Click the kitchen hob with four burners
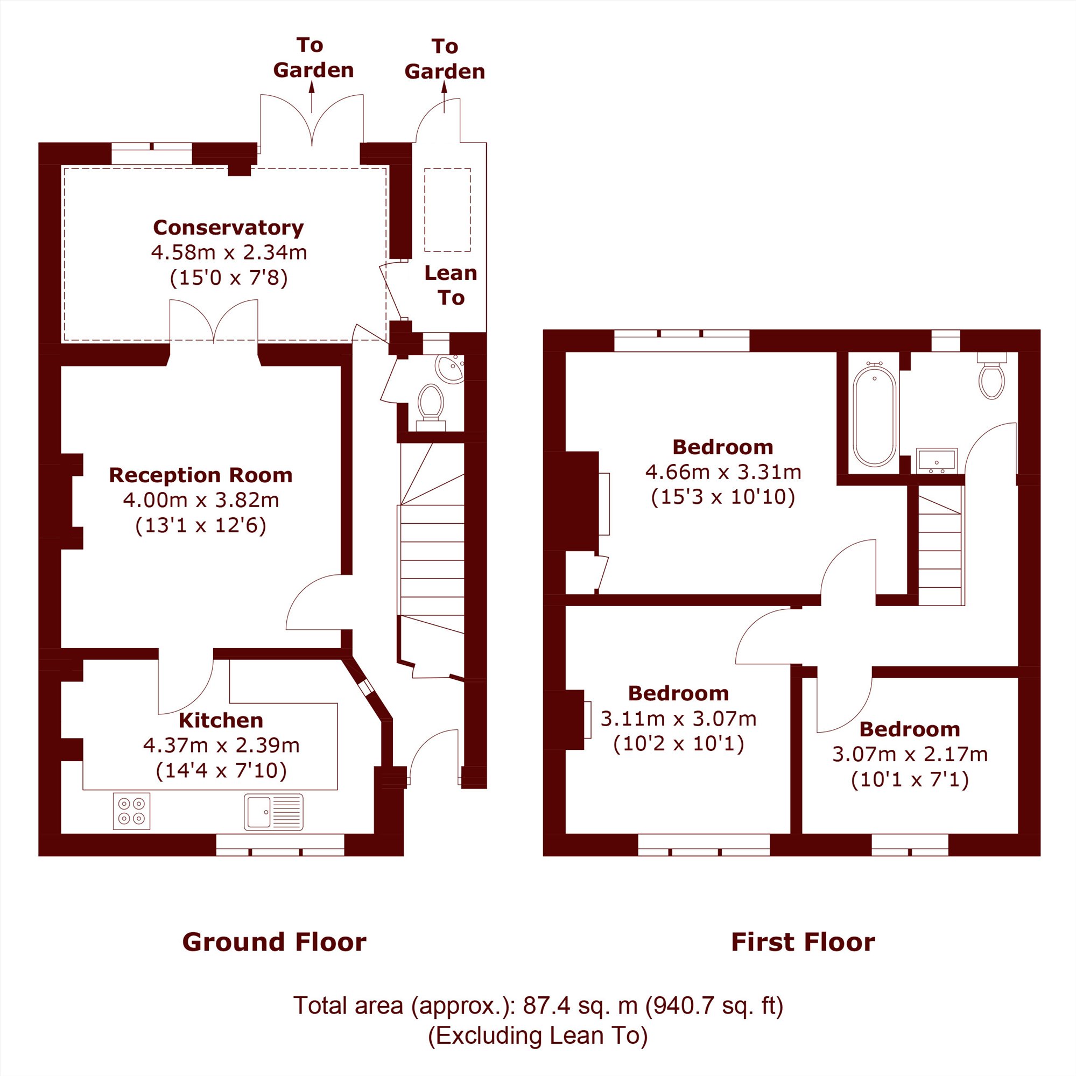click(x=131, y=811)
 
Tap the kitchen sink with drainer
click(x=273, y=812)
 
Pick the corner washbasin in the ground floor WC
click(x=452, y=368)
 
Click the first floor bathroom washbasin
click(x=937, y=461)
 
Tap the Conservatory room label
click(x=228, y=227)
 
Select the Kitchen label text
click(x=221, y=720)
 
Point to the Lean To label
click(x=451, y=285)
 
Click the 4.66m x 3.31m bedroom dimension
click(x=723, y=472)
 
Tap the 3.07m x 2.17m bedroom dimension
click(x=910, y=754)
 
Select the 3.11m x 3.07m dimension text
click(x=678, y=719)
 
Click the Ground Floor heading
click(x=274, y=942)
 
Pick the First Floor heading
click(x=803, y=942)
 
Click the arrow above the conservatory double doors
click(x=312, y=97)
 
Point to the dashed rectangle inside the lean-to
click(x=447, y=210)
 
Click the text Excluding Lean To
click(x=538, y=1035)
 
